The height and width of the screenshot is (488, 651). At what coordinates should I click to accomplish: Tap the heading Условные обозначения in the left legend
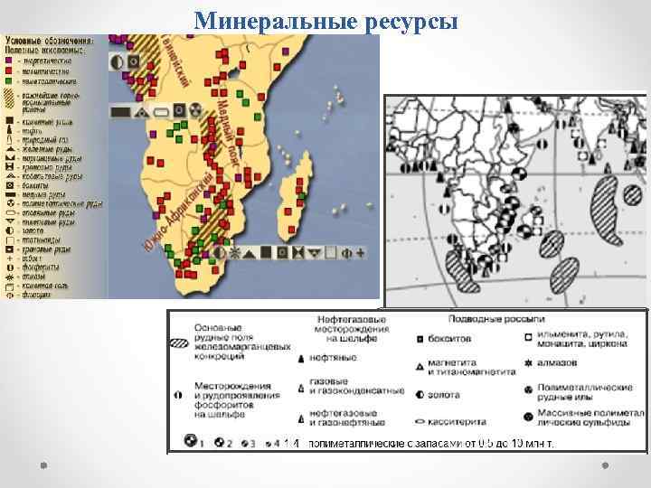[50, 40]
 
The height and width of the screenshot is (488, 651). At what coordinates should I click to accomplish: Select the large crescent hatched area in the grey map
[601, 203]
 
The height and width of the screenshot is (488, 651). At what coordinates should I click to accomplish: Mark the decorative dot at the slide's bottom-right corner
[607, 465]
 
